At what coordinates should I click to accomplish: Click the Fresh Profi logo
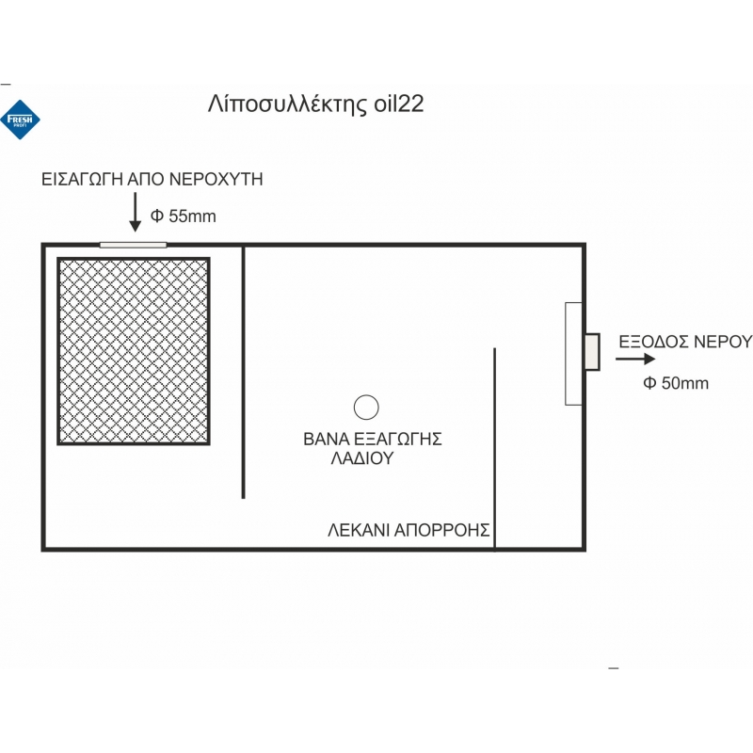pos(20,119)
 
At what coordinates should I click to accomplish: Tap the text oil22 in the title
pos(396,104)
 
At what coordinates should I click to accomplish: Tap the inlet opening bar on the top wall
pos(133,245)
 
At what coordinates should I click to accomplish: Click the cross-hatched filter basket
pos(133,350)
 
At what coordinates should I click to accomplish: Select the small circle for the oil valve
pos(365,408)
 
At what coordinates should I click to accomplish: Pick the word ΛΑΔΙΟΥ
pos(361,459)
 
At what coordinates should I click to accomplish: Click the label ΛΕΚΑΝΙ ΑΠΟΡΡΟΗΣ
pos(409,529)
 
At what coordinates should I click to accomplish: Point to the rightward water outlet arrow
pos(636,359)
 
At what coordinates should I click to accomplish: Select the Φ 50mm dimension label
pos(676,383)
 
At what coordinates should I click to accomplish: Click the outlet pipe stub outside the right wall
pos(592,352)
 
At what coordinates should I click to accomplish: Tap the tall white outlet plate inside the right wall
pos(573,354)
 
